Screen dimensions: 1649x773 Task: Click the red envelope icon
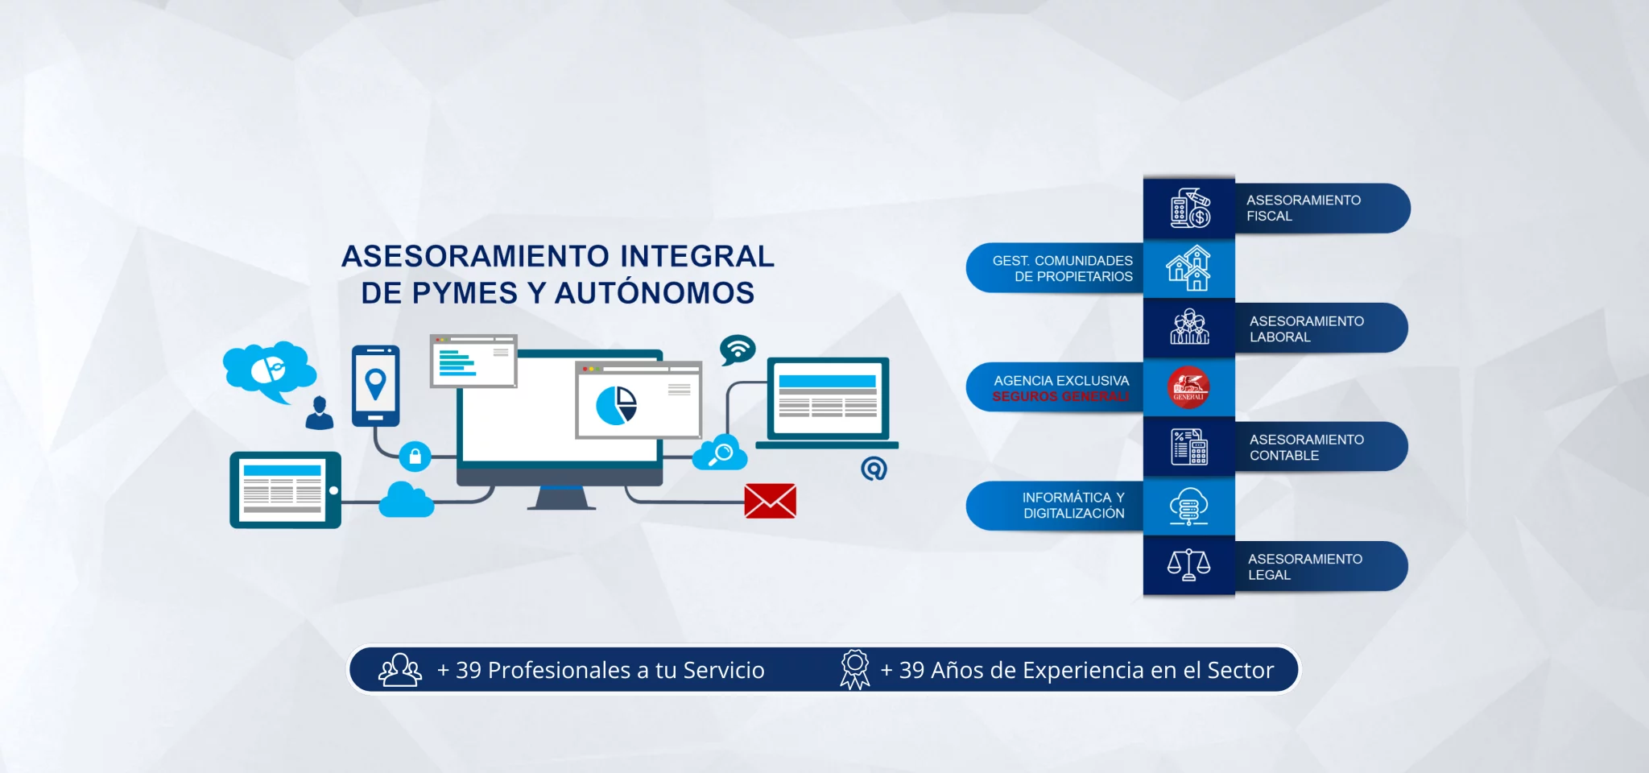click(x=771, y=501)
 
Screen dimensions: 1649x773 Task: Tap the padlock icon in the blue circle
click(x=415, y=457)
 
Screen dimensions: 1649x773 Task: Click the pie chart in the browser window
click(x=617, y=405)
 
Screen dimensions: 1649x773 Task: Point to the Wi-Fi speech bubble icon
click(x=738, y=349)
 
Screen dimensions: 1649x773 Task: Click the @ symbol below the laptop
click(x=874, y=468)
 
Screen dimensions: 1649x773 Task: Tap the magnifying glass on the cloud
click(x=721, y=453)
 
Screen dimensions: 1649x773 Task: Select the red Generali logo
click(x=1188, y=387)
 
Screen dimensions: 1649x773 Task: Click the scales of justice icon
click(x=1188, y=565)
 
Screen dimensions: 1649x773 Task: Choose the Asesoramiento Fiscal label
click(x=1304, y=208)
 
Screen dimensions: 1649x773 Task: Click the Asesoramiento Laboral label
click(x=1307, y=329)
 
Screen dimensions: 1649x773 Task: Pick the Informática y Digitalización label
click(x=1073, y=506)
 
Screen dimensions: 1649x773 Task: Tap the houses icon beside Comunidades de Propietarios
click(x=1189, y=267)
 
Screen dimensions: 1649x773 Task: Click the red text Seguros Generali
click(x=1061, y=396)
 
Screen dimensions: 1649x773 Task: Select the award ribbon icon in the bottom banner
click(x=855, y=670)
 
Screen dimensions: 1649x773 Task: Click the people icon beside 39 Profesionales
click(x=400, y=670)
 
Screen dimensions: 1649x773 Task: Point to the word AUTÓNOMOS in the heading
click(x=655, y=292)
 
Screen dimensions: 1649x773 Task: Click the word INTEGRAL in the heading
click(x=697, y=256)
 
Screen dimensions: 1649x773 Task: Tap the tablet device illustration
click(x=286, y=490)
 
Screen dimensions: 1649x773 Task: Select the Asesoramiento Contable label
click(x=1307, y=447)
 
